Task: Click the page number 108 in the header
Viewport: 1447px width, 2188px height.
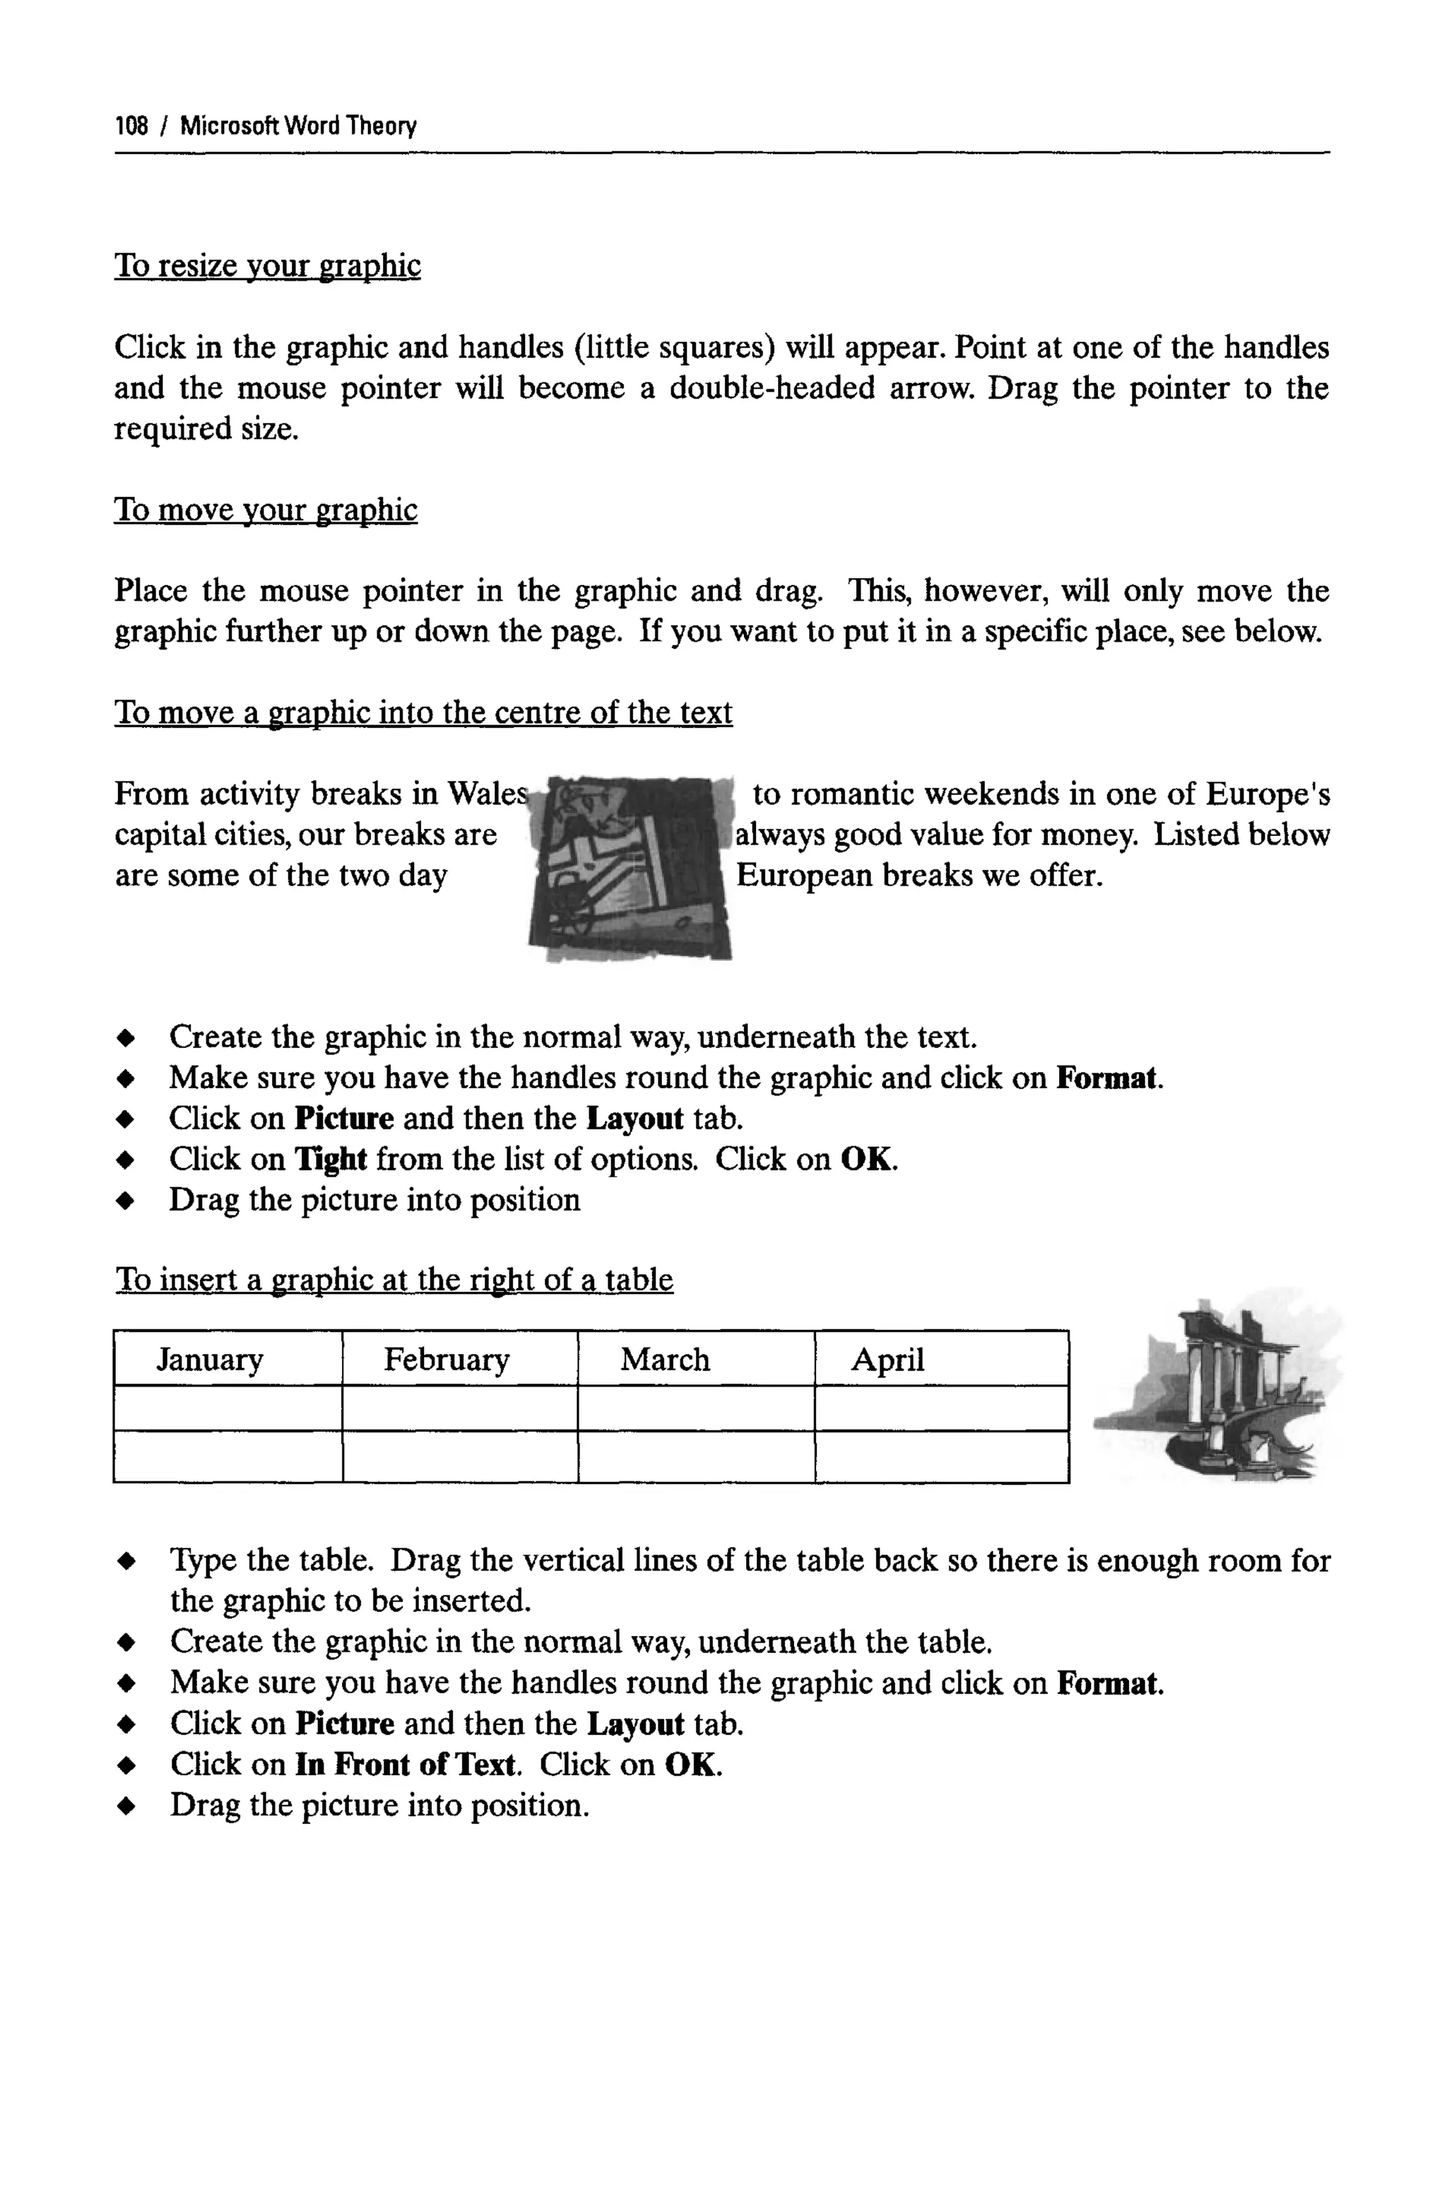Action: point(131,126)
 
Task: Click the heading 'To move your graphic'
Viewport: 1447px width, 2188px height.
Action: point(265,510)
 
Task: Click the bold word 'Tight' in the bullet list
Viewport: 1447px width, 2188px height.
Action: point(331,1159)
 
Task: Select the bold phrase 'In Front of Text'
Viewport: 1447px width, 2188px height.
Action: point(404,1765)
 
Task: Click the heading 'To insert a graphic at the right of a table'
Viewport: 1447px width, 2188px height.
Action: point(394,1280)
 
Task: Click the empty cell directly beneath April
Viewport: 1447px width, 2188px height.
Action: point(941,1408)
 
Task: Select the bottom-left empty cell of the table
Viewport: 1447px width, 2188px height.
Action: point(228,1457)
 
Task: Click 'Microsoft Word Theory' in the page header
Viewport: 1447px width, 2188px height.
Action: point(298,126)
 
